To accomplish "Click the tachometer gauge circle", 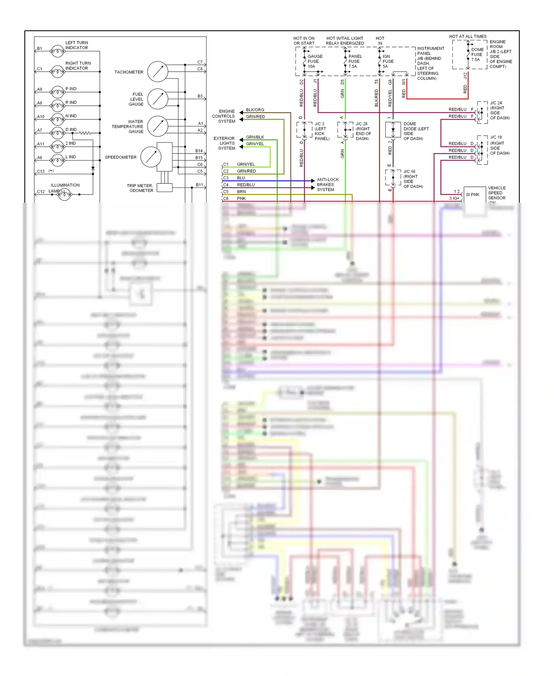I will pos(158,72).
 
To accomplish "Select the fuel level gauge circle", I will pos(158,99).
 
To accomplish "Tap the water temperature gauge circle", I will pos(158,126).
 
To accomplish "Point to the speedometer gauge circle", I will pos(151,157).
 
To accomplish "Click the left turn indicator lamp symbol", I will pos(57,51).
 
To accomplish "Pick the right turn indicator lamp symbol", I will pos(57,71).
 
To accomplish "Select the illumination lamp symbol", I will pos(64,194).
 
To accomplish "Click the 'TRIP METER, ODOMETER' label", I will pos(140,188).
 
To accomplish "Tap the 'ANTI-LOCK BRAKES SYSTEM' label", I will pos(327,185).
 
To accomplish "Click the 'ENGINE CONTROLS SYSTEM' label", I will pos(224,116).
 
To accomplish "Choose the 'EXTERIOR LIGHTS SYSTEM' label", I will pos(224,143).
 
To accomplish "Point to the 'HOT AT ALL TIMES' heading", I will pos(468,36).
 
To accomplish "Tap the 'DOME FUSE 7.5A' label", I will pos(477,54).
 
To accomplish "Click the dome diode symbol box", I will pos(393,130).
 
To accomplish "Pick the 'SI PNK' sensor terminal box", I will pos(474,195).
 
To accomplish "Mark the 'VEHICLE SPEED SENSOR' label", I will pos(497,193).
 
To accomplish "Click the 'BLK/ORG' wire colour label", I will pos(255,110).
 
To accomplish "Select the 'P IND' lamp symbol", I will pos(57,91).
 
